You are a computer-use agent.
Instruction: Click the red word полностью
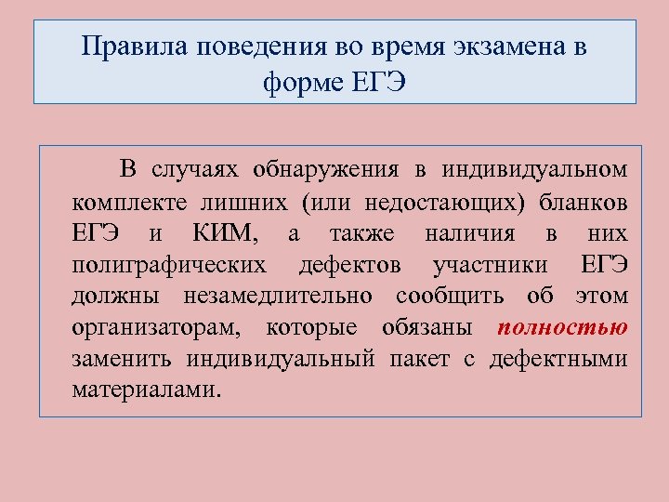[562, 327]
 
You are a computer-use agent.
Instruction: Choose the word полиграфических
[168, 265]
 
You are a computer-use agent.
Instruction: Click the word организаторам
[155, 328]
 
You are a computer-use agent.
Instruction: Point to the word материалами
[147, 390]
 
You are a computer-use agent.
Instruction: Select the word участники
[491, 265]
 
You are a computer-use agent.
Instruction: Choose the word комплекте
[126, 202]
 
